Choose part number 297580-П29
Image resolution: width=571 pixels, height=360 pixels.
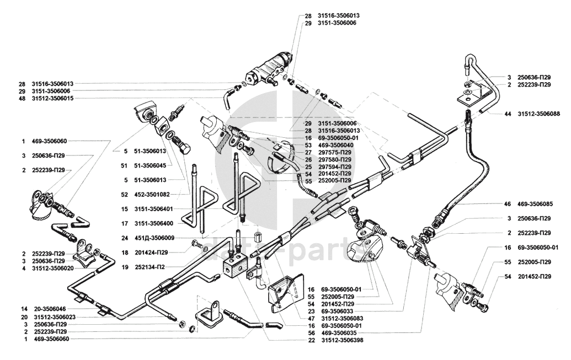pyautogui.click(x=335, y=159)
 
